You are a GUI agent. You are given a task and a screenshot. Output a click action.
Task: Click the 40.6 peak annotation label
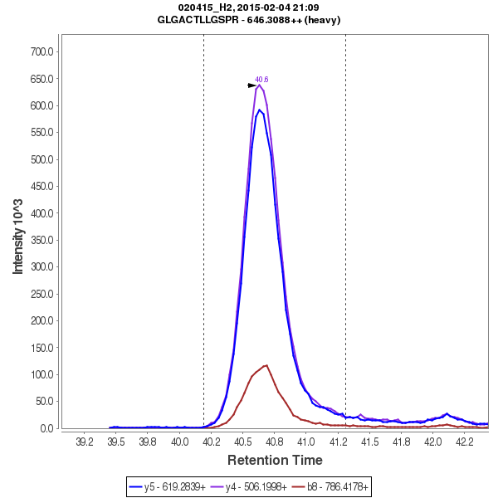[261, 80]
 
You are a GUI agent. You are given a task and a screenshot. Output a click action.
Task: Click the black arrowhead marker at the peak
[252, 85]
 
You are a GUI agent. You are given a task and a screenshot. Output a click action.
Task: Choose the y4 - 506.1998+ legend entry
[256, 486]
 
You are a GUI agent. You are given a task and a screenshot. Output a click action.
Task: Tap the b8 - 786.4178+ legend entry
[336, 486]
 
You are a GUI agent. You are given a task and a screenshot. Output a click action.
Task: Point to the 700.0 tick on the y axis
[41, 51]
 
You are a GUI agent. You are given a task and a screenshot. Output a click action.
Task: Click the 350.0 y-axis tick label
[41, 240]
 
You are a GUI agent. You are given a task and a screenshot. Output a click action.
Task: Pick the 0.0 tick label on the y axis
[46, 428]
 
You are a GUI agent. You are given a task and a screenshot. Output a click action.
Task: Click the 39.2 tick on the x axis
[85, 442]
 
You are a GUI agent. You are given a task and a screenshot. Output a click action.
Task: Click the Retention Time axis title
[275, 460]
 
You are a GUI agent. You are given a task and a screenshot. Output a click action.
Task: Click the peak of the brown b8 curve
[266, 365]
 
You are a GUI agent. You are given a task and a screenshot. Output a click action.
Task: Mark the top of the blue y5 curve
[259, 110]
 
